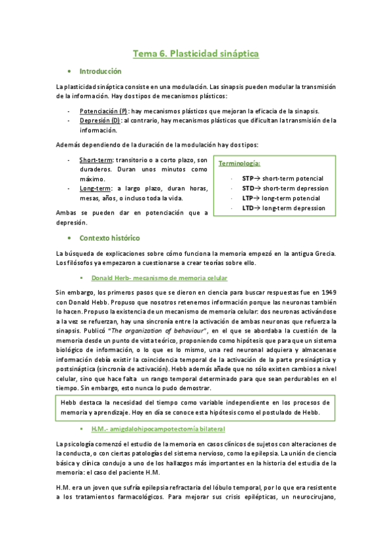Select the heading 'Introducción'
100,71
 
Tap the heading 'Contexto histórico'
109,238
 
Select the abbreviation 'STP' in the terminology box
247,179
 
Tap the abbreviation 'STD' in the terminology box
247,188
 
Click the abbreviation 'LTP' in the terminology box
247,198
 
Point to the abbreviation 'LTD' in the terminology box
247,208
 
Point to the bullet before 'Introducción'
69,71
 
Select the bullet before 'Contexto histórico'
69,238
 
